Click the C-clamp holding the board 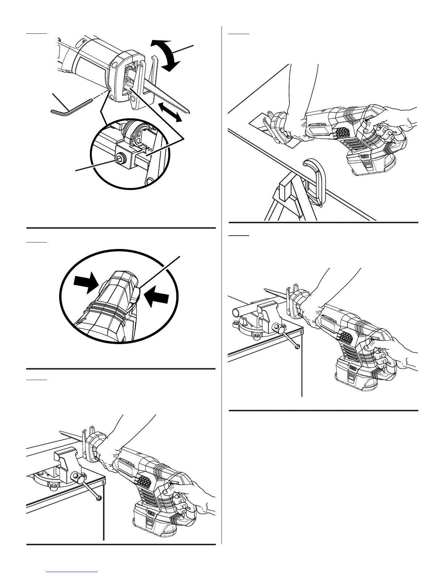click(316, 182)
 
